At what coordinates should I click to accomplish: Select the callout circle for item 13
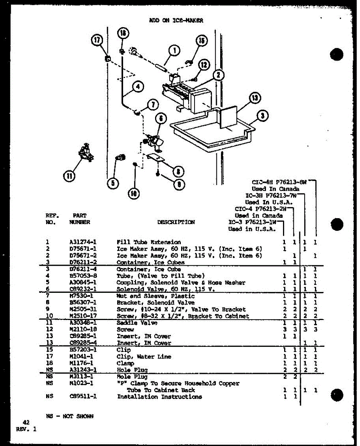point(255,98)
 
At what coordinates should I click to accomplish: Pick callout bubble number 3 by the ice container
point(263,116)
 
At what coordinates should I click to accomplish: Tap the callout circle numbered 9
point(179,184)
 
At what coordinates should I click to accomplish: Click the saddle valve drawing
point(85,152)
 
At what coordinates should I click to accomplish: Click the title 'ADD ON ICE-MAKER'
point(176,21)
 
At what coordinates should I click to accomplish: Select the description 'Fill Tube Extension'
point(149,242)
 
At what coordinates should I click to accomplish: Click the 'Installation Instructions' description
point(160,397)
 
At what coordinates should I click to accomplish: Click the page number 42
point(26,422)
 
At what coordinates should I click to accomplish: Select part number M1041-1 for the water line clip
point(79,356)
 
